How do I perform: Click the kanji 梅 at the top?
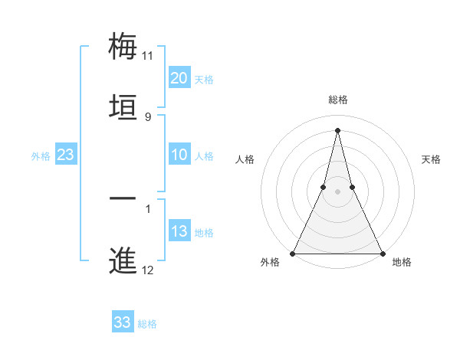click(123, 46)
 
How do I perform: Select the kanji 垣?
click(123, 107)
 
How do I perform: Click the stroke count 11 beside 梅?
click(148, 56)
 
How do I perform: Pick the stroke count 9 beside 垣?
click(148, 117)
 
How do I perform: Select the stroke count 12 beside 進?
click(148, 270)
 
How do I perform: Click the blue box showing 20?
click(179, 78)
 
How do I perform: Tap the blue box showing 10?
click(179, 155)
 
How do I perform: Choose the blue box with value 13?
click(179, 232)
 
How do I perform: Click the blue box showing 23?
click(65, 155)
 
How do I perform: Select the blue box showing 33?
click(123, 322)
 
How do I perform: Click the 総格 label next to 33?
click(147, 324)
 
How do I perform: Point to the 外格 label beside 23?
click(41, 156)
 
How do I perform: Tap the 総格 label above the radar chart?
click(337, 100)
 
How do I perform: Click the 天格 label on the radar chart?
click(432, 159)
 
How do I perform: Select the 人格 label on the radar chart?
click(245, 159)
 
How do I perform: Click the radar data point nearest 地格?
click(382, 253)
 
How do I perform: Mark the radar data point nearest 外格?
click(293, 253)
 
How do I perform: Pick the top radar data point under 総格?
click(337, 129)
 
